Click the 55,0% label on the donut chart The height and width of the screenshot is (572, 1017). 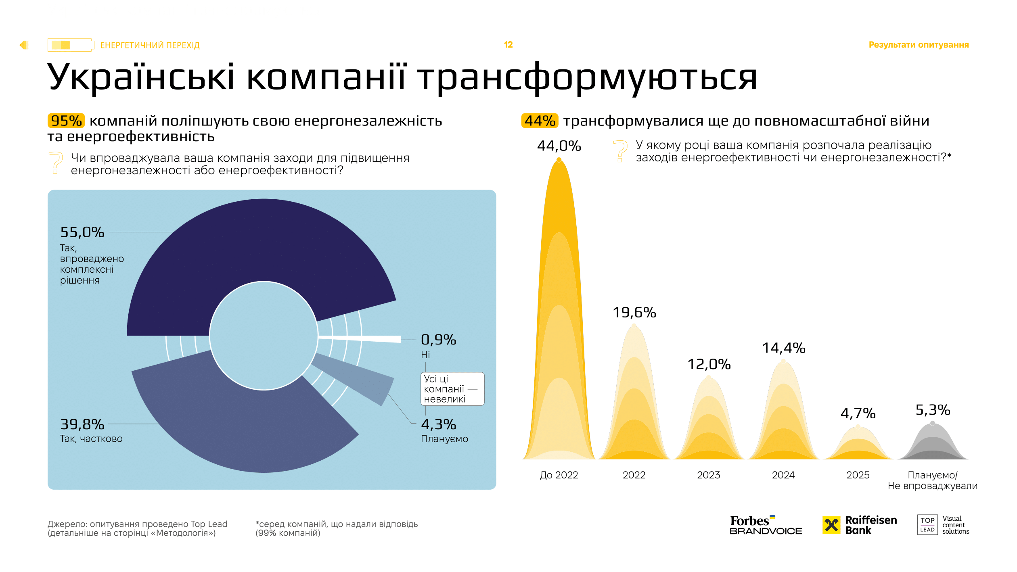(x=82, y=232)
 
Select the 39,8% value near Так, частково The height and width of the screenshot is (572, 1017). (x=82, y=424)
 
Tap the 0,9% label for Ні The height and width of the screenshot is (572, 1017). (x=438, y=340)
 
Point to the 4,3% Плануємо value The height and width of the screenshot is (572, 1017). (x=438, y=424)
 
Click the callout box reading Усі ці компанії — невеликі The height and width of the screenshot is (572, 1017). (x=452, y=389)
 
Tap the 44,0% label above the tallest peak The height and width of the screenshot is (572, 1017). (x=559, y=146)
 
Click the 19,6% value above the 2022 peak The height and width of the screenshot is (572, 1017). (x=634, y=313)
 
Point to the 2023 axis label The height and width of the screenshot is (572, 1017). (x=709, y=475)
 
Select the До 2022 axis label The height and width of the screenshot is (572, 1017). (x=559, y=475)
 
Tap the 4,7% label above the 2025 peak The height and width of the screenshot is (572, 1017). (x=858, y=413)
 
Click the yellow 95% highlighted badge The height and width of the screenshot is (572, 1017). (x=66, y=121)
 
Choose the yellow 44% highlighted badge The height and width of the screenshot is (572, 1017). (x=540, y=121)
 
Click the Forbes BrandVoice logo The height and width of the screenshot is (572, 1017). (x=765, y=525)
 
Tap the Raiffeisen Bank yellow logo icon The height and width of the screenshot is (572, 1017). (x=831, y=525)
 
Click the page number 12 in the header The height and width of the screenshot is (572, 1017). (x=508, y=45)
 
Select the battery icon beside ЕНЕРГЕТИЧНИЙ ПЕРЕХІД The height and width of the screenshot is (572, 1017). (x=71, y=45)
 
